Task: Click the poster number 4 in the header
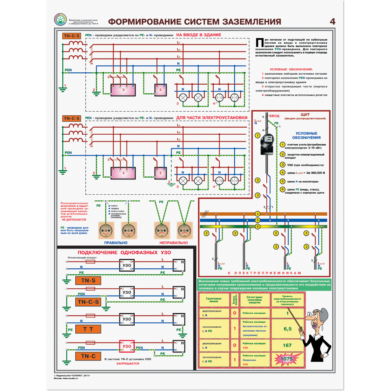click(332, 21)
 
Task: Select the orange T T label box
click(88, 329)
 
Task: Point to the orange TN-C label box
click(88, 356)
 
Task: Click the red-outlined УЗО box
click(127, 346)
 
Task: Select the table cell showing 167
click(287, 345)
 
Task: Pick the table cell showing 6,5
click(287, 329)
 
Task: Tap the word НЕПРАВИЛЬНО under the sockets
click(173, 243)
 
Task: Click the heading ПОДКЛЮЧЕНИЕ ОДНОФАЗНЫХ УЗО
click(119, 253)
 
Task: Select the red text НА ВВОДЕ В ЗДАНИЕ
click(198, 35)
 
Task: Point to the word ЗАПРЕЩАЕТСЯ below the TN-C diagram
click(128, 363)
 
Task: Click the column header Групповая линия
click(213, 300)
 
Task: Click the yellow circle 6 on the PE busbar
click(257, 226)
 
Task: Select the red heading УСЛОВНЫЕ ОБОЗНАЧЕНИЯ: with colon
click(291, 69)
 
